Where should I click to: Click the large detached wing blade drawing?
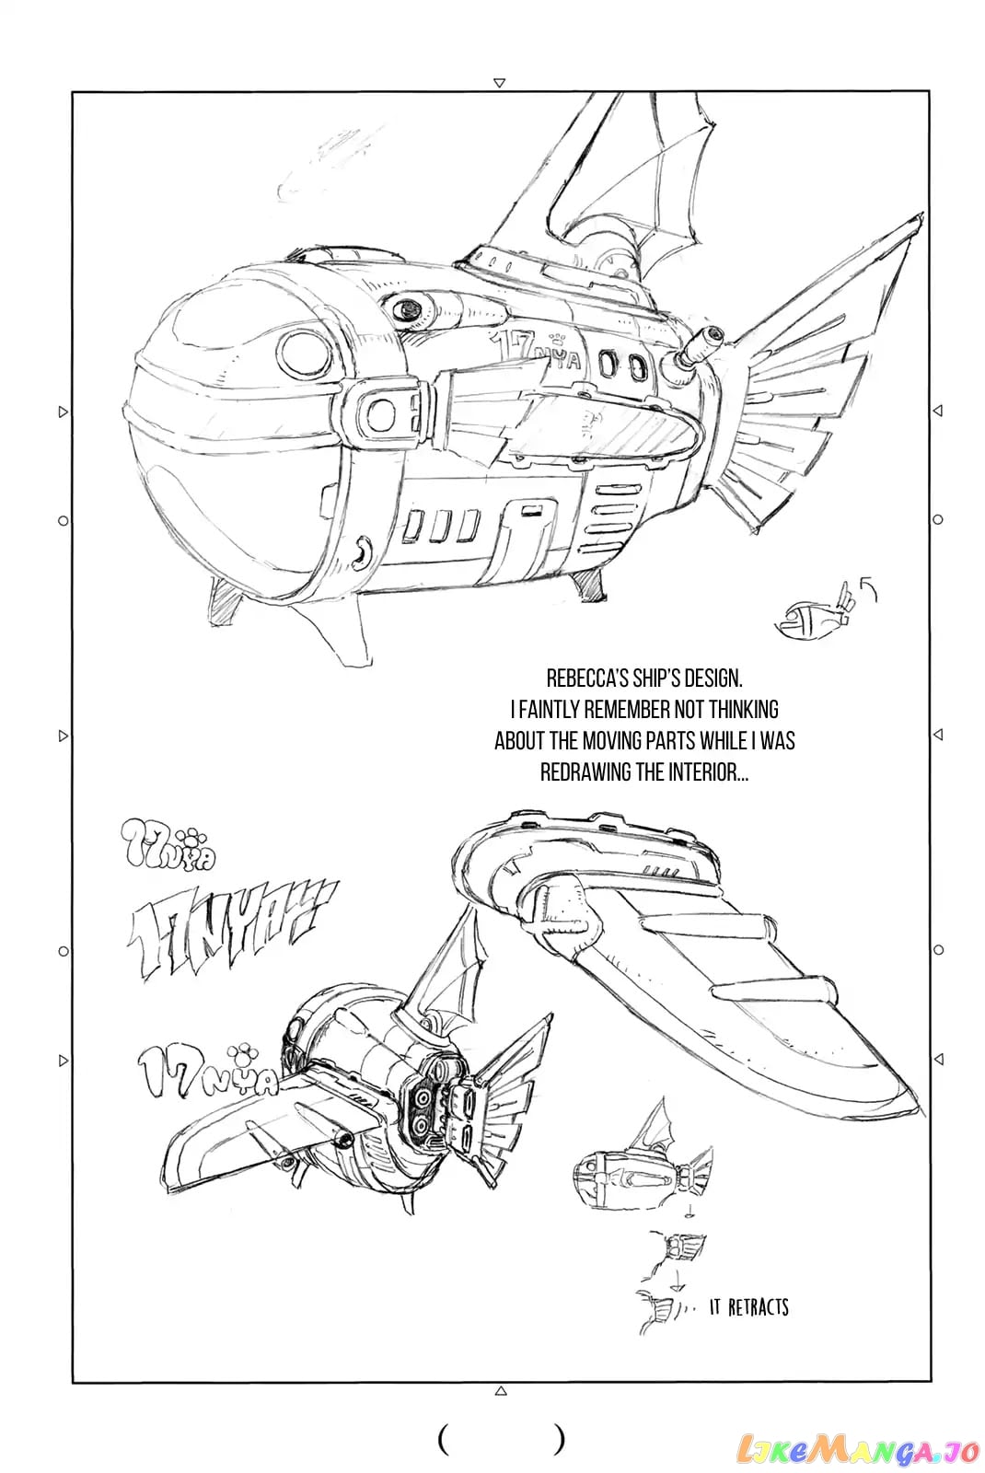[x=684, y=947]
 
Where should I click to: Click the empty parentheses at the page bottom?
[x=501, y=1441]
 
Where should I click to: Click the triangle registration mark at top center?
[x=499, y=83]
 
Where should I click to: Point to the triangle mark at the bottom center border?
[x=501, y=1391]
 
